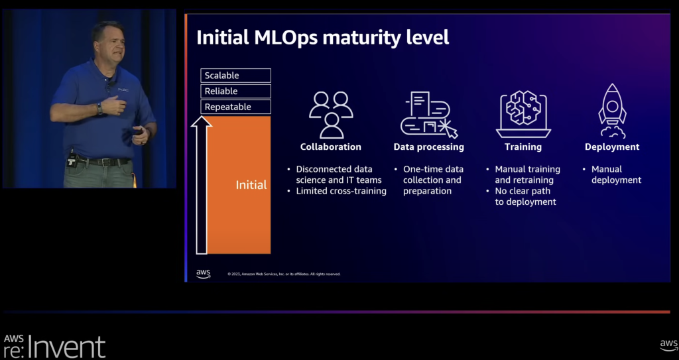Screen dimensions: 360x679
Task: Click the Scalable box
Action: pyautogui.click(x=235, y=76)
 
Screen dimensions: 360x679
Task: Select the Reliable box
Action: pyautogui.click(x=235, y=91)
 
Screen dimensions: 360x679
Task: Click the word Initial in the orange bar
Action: pyautogui.click(x=251, y=185)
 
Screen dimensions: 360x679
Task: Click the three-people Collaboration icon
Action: pyautogui.click(x=331, y=114)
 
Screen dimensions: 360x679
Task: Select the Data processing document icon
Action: pyautogui.click(x=428, y=114)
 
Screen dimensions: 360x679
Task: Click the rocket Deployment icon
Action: pyautogui.click(x=612, y=111)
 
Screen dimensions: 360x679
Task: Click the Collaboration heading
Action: pyautogui.click(x=331, y=147)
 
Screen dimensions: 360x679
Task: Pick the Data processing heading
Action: pyautogui.click(x=428, y=147)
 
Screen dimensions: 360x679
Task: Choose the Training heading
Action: pyautogui.click(x=523, y=147)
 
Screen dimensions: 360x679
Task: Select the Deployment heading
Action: pyautogui.click(x=612, y=147)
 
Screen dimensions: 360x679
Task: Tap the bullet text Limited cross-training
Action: pyautogui.click(x=341, y=191)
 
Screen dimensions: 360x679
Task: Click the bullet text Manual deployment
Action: pyautogui.click(x=616, y=174)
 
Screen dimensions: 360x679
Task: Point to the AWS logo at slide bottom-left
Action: pyautogui.click(x=203, y=274)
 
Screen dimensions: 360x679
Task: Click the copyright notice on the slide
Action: pyautogui.click(x=284, y=274)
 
